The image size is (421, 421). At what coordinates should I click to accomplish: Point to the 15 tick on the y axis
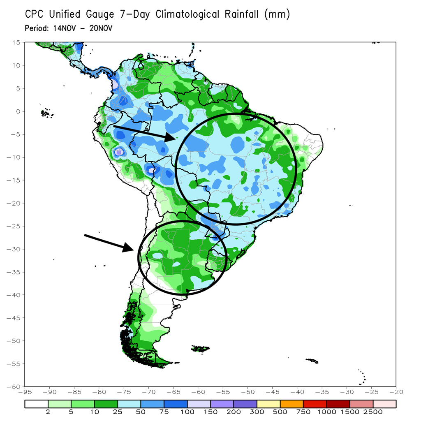click(x=16, y=42)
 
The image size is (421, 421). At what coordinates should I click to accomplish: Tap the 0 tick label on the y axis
click(x=18, y=111)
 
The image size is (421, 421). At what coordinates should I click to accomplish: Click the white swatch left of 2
click(x=36, y=404)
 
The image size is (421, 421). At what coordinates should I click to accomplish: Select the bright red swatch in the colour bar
click(x=315, y=404)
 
